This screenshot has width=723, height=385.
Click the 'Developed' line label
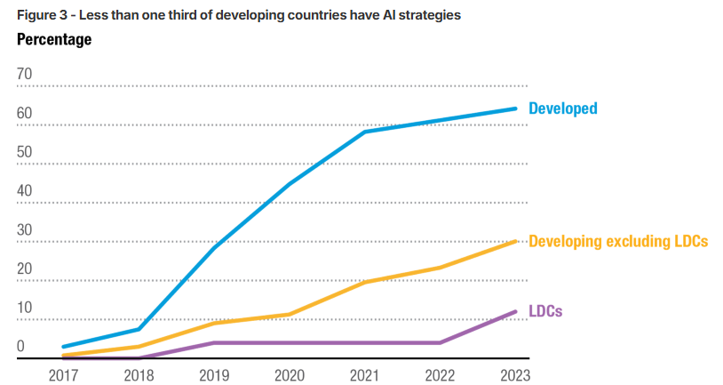tap(562, 108)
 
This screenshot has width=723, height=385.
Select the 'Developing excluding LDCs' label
tap(617, 241)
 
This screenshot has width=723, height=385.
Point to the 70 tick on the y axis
tap(24, 74)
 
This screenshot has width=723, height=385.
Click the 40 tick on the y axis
tap(24, 191)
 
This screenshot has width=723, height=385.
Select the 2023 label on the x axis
tap(515, 374)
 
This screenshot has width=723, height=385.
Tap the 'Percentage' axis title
tap(54, 40)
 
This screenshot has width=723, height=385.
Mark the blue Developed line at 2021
tap(365, 132)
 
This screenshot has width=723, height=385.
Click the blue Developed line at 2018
tap(139, 329)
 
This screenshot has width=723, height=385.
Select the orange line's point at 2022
tap(441, 267)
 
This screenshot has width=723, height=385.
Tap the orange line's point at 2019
tap(214, 323)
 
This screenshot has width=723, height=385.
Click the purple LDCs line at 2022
tap(441, 342)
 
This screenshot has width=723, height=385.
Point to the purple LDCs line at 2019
tap(214, 342)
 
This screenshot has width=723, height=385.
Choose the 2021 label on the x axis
tap(365, 374)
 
